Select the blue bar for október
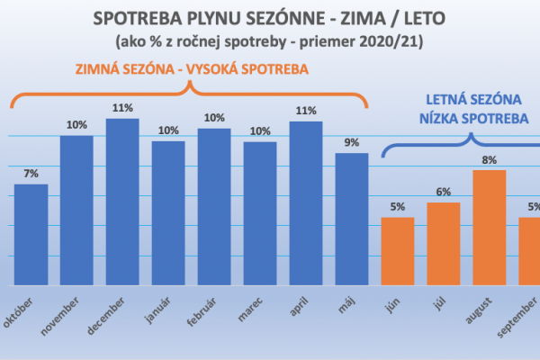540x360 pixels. click(31, 234)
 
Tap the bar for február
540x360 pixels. click(214, 207)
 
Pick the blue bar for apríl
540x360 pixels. click(306, 203)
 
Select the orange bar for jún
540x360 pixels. click(397, 251)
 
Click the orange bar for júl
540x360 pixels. click(443, 244)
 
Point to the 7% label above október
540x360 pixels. click(31, 174)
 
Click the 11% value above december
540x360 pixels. click(122, 108)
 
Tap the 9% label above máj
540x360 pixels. click(352, 142)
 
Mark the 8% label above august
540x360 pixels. click(489, 160)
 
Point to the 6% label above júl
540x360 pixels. click(443, 192)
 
